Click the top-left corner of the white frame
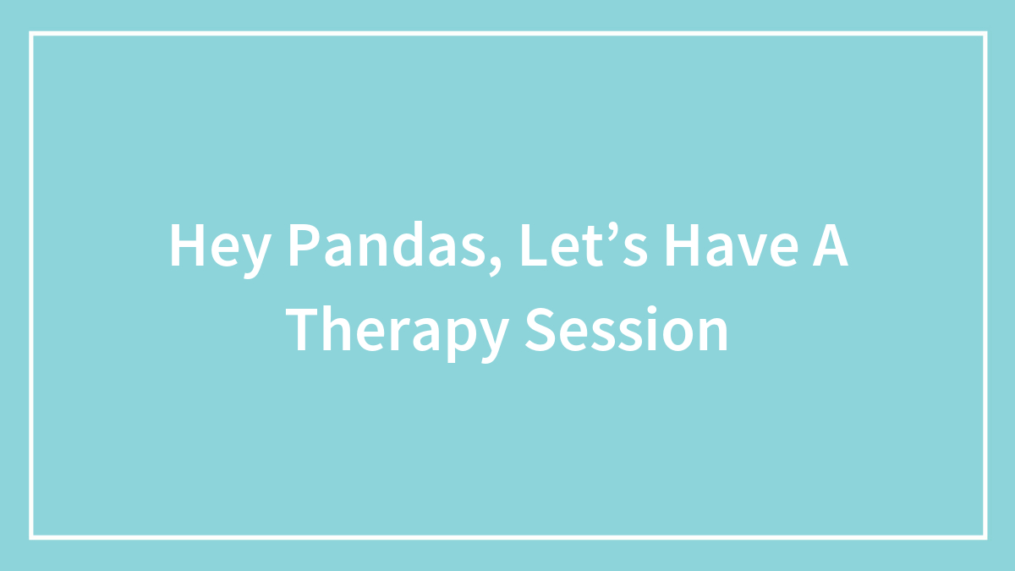31,33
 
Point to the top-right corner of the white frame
985,33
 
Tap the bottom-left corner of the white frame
31,537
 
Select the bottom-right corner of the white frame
985,537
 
